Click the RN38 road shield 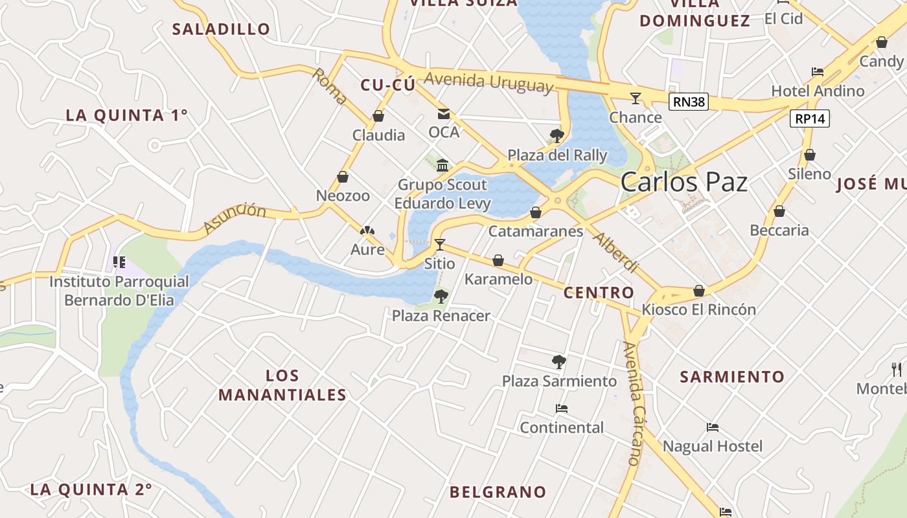[689, 102]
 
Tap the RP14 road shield [810, 118]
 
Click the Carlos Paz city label [684, 182]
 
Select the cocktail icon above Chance [635, 98]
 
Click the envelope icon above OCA [444, 114]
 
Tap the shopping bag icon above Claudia [378, 117]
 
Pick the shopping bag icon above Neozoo [343, 177]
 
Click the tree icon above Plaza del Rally [557, 135]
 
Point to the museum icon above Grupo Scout [442, 165]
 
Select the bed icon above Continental [562, 409]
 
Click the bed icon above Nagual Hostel [713, 427]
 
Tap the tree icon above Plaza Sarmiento [559, 362]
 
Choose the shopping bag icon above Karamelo [498, 260]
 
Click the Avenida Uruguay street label [490, 82]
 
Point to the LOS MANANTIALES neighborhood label [282, 385]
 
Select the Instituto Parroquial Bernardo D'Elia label [119, 291]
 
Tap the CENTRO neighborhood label [599, 293]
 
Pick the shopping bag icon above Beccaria [779, 211]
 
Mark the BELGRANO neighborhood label [498, 492]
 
